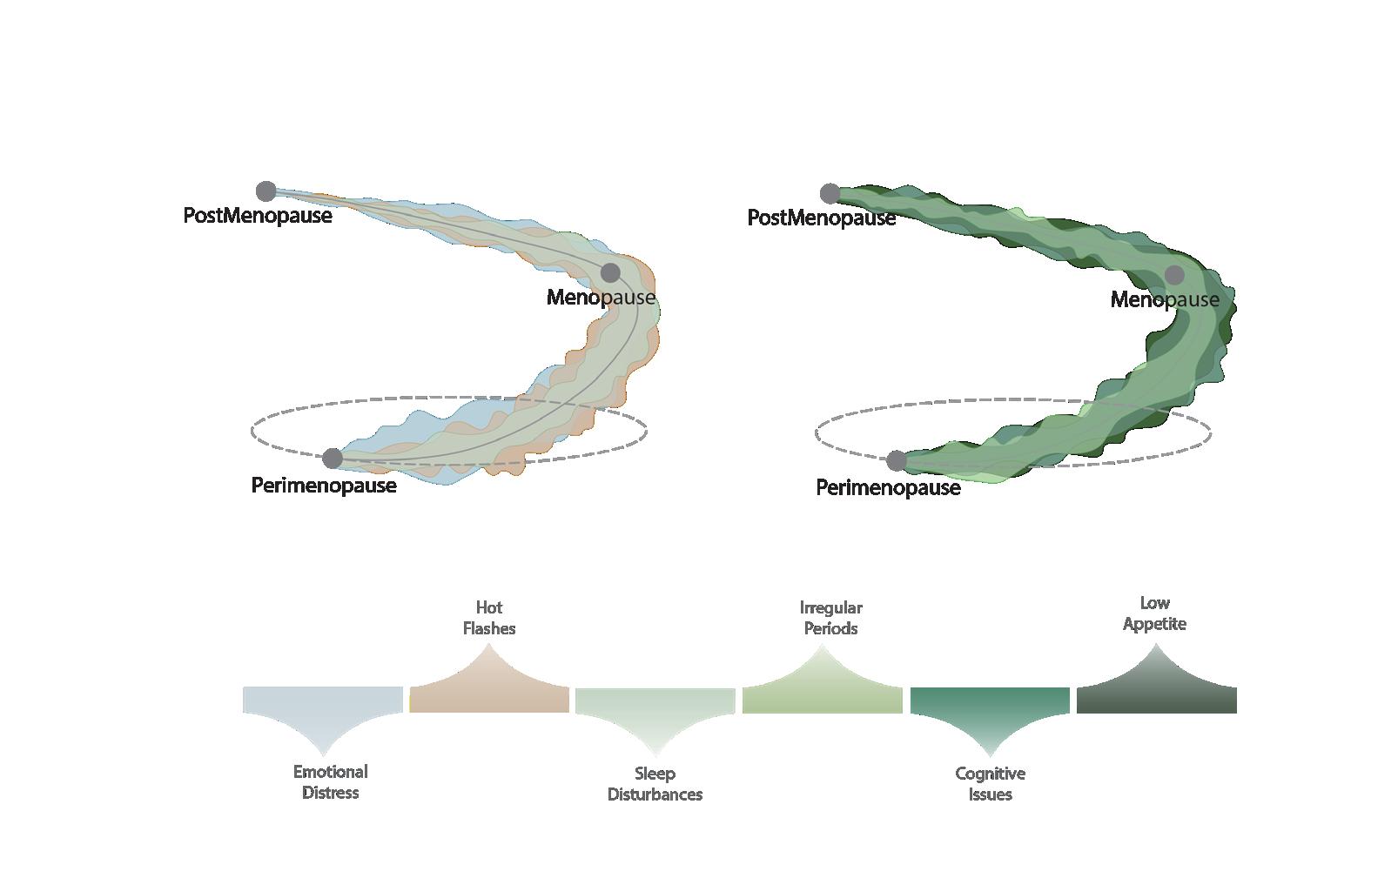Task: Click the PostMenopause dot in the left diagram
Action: click(266, 191)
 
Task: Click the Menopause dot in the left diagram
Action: click(610, 272)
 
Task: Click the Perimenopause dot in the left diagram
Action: click(333, 458)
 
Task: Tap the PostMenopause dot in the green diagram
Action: click(830, 193)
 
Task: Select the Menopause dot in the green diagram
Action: click(1174, 275)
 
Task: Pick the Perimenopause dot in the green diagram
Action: click(897, 460)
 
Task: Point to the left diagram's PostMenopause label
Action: click(258, 216)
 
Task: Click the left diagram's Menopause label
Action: click(601, 298)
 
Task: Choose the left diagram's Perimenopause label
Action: click(324, 486)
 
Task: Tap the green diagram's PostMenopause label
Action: click(822, 218)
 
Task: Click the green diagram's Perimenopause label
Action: click(888, 488)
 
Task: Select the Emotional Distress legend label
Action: click(330, 782)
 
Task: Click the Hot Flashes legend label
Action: click(489, 618)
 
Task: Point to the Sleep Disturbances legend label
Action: click(655, 784)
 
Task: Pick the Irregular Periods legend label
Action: click(830, 618)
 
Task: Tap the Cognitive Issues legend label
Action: click(990, 784)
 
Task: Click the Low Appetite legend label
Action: click(1154, 613)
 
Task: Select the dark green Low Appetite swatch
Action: click(1156, 699)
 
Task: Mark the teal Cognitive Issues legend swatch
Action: click(990, 701)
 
